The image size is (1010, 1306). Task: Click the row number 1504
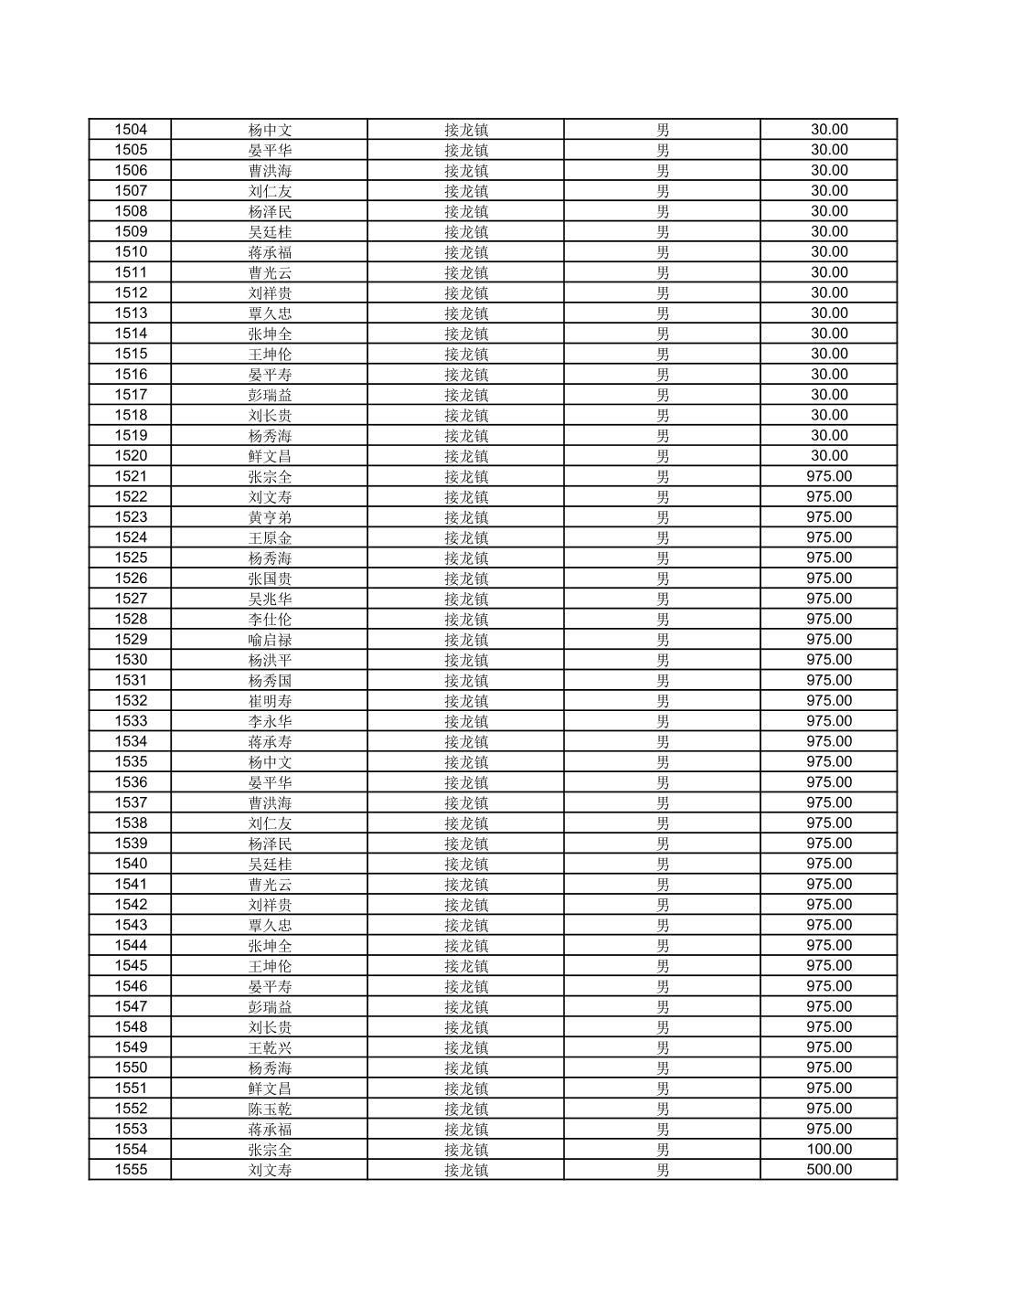pos(131,130)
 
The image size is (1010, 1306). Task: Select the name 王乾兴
pos(270,1047)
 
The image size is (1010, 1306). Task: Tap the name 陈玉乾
pos(270,1109)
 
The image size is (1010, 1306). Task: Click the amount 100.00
pos(828,1150)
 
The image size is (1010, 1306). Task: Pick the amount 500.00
pos(828,1170)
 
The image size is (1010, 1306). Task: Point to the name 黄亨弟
pos(270,517)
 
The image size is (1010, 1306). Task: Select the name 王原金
pos(270,537)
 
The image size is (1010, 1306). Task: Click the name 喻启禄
pos(270,640)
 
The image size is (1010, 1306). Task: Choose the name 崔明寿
pos(270,701)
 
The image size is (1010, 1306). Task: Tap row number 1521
pos(131,476)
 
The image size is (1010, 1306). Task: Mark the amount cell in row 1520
pos(828,456)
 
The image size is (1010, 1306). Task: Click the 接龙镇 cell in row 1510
pos(466,252)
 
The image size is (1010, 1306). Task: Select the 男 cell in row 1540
pos(663,864)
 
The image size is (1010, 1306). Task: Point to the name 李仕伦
pos(270,620)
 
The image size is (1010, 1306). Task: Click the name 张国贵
pos(270,579)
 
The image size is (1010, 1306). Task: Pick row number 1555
pos(131,1170)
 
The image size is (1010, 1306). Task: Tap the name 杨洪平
pos(270,660)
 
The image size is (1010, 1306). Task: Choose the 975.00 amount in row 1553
pos(828,1129)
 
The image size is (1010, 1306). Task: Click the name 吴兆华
pos(270,599)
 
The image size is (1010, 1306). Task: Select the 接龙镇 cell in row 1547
pos(466,1006)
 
